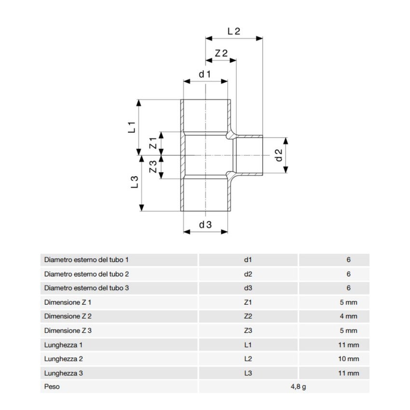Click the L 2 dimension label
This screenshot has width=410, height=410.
point(233,31)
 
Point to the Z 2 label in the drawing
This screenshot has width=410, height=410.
point(221,54)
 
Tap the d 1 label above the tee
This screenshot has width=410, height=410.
point(205,74)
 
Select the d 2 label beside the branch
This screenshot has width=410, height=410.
point(278,155)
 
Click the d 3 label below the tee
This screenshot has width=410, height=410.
point(205,224)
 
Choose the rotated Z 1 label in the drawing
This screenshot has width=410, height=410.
point(153,143)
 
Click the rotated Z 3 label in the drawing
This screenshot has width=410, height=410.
point(153,167)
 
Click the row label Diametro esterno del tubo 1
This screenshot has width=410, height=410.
point(86,260)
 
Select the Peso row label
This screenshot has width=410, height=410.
point(52,387)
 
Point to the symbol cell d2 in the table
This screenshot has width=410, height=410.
point(248,274)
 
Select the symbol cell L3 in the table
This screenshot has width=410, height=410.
point(248,373)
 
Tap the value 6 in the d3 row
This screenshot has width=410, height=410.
point(348,288)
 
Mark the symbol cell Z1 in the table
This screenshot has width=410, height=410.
point(248,302)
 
